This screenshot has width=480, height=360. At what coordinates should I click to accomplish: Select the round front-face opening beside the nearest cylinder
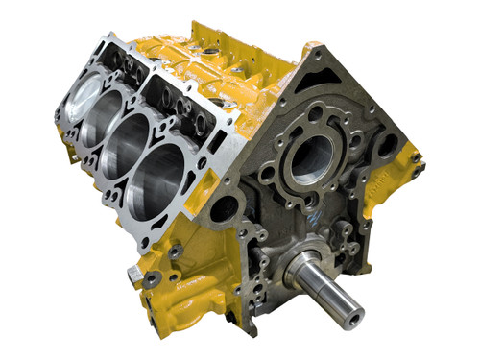pos(223,207)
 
